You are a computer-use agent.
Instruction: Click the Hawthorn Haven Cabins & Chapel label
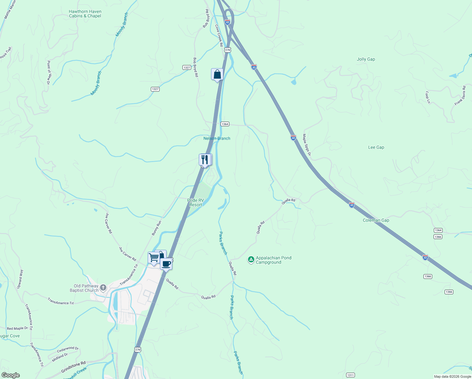tap(85, 14)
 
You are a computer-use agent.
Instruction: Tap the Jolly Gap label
tap(366, 59)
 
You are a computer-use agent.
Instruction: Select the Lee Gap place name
tap(376, 147)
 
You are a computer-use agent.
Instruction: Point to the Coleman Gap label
tap(376, 220)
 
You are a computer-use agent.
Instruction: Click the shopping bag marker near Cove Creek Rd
tap(217, 75)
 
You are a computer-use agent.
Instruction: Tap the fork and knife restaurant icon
tap(205, 160)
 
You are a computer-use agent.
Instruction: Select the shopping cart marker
tap(154, 257)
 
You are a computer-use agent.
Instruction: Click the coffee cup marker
tap(166, 264)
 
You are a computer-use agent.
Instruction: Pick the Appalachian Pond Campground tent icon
tap(251, 260)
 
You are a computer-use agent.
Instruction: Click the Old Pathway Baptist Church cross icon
tap(103, 288)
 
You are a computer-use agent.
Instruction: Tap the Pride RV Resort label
tap(196, 202)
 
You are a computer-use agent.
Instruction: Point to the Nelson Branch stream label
tap(217, 138)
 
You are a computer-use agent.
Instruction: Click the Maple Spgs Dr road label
tap(307, 145)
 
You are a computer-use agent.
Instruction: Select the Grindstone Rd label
tap(73, 367)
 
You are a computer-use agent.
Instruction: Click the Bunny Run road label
tap(156, 228)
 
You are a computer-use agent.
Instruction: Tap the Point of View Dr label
tap(49, 72)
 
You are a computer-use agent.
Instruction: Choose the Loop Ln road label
tap(428, 97)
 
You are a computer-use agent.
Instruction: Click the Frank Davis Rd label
tap(460, 96)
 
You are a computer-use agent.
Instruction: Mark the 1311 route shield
tap(350, 375)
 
